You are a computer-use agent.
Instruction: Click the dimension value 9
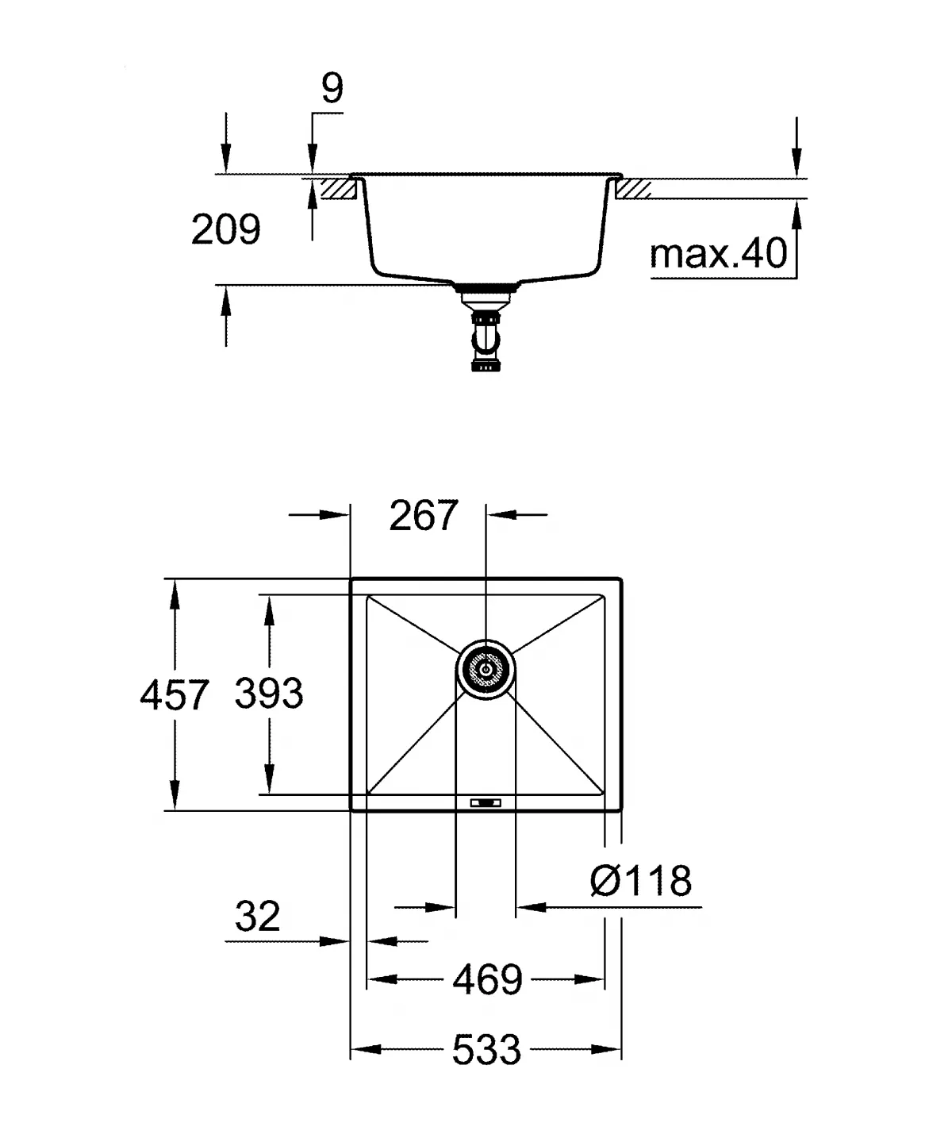[332, 89]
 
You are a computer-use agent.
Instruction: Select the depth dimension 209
[225, 230]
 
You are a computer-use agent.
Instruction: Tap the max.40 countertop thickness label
[718, 254]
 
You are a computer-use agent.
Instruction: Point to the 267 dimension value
[424, 516]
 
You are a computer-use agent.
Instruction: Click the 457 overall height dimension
[174, 695]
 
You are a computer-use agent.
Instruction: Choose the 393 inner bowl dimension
[269, 694]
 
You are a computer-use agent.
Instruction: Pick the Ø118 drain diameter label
[641, 881]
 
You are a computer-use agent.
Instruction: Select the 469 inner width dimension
[487, 980]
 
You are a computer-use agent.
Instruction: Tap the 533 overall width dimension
[486, 1051]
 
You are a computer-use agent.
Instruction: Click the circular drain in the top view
[486, 670]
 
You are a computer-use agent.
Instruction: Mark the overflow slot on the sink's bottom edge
[486, 803]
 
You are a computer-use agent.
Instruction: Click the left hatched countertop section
[336, 189]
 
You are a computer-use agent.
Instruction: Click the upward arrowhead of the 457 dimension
[174, 592]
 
